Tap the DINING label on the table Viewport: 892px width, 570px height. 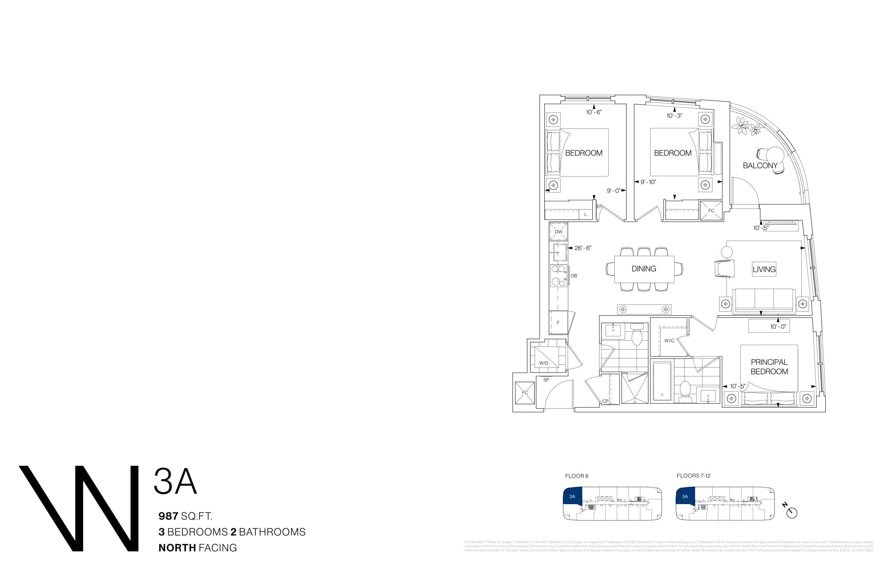[644, 269]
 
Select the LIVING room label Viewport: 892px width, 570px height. [764, 269]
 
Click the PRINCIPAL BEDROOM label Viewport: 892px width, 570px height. [769, 366]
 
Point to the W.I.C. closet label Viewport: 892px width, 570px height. [669, 341]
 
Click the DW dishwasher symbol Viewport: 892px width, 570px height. [559, 231]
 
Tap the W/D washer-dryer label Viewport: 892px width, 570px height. [544, 363]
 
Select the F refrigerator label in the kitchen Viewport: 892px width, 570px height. [558, 322]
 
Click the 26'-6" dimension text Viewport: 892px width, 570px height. [583, 248]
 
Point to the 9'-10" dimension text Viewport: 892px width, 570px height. [648, 182]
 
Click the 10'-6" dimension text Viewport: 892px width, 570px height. [594, 112]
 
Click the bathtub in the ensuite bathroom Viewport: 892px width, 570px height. [662, 381]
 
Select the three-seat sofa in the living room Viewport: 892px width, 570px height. [764, 300]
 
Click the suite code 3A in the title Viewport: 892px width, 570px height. [175, 481]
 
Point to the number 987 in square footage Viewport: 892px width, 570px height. [168, 516]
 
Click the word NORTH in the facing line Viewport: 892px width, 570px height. [177, 547]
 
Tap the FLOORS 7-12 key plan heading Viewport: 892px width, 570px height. [693, 476]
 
